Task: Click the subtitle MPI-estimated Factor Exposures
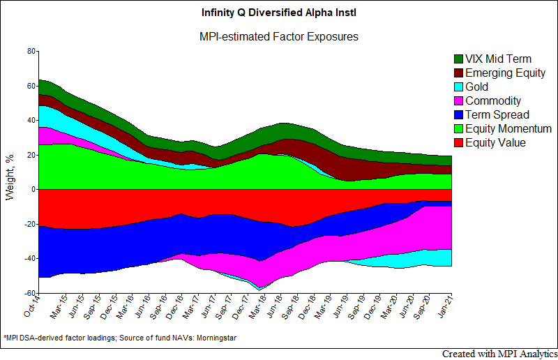tap(279, 36)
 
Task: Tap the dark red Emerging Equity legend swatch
tap(458, 73)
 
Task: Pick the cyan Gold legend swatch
tap(458, 87)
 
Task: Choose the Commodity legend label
tap(492, 101)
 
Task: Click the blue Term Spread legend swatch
tap(458, 115)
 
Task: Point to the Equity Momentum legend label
tap(508, 129)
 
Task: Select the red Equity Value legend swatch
tap(458, 143)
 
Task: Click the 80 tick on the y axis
tap(31, 51)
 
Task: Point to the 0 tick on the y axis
tap(33, 189)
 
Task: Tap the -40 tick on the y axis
tap(29, 258)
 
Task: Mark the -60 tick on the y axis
tap(29, 293)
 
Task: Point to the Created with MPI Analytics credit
tap(499, 354)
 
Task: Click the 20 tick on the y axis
tap(31, 155)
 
